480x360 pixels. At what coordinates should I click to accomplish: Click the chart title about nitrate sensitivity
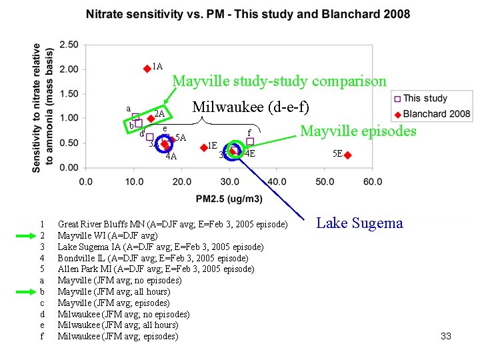(248, 14)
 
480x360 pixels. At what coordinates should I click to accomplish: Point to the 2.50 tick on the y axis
(69, 45)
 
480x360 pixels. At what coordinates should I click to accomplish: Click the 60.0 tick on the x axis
(373, 181)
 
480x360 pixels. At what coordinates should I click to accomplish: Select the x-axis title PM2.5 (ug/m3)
(229, 199)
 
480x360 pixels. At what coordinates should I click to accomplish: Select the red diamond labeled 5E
(347, 155)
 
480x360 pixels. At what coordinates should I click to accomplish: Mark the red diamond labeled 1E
(203, 148)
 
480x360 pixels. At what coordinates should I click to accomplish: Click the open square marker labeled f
(250, 141)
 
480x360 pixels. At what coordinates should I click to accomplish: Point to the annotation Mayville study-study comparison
(279, 81)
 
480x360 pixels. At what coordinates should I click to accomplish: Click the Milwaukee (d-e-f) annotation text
(250, 107)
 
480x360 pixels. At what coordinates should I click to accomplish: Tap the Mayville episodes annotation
(359, 131)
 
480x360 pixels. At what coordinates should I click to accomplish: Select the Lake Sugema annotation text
(359, 223)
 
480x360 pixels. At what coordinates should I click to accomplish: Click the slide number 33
(446, 336)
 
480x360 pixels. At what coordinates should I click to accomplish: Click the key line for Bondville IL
(153, 258)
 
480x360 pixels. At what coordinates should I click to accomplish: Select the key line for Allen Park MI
(155, 269)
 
